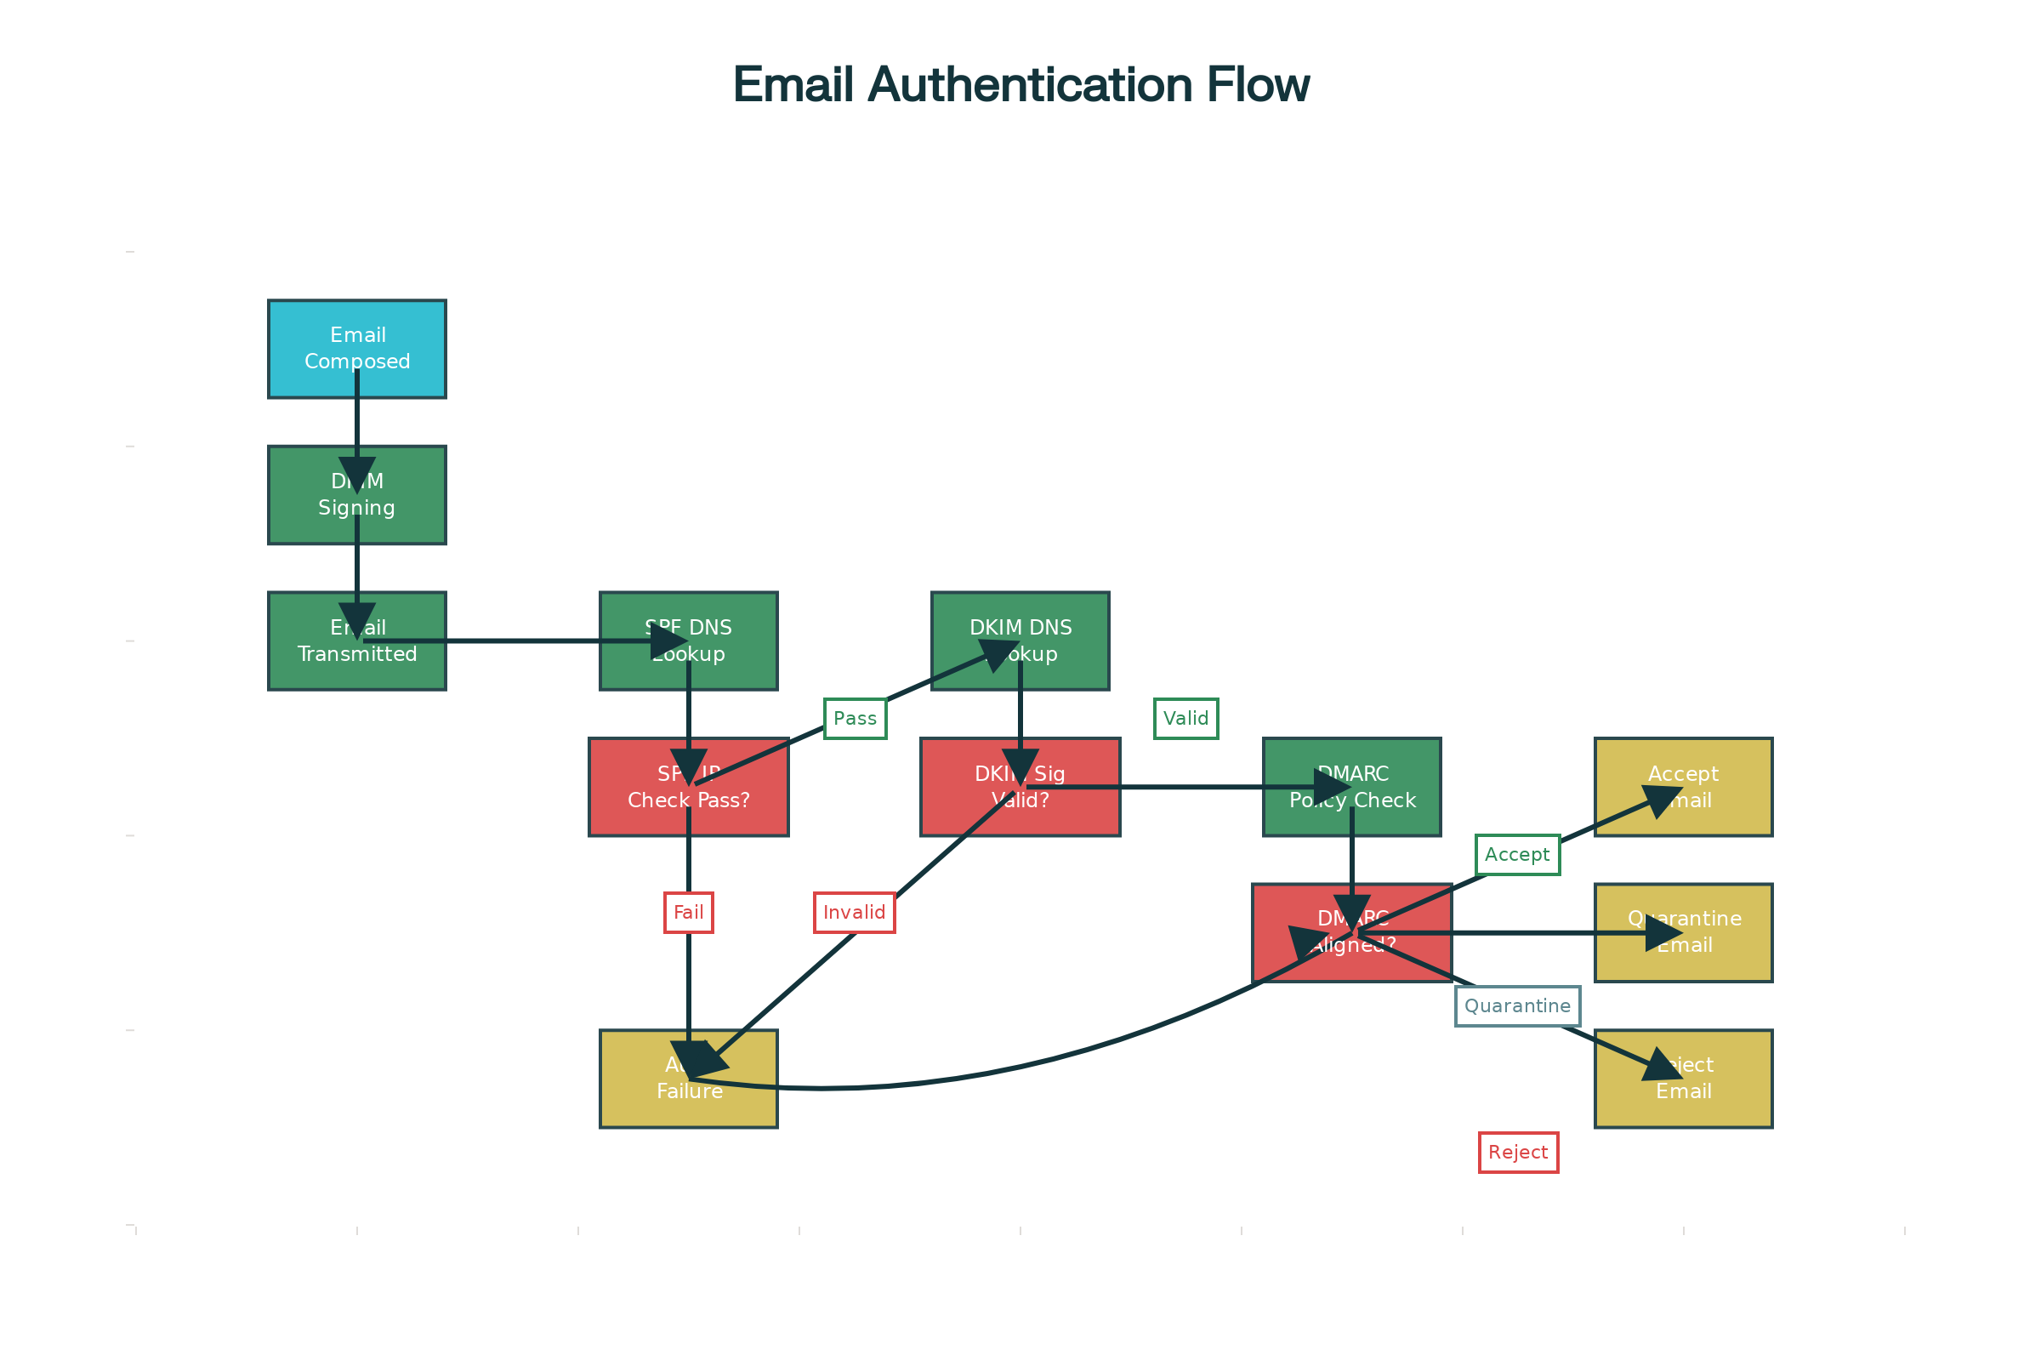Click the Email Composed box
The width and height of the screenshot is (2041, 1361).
tap(356, 349)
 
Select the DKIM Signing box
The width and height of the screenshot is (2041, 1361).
tap(356, 495)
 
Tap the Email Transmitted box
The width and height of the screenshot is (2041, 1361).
tap(356, 641)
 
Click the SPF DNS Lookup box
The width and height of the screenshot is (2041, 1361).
tap(688, 641)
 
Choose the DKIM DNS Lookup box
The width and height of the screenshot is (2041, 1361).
tap(1020, 641)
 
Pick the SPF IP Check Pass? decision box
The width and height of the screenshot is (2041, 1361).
tap(688, 786)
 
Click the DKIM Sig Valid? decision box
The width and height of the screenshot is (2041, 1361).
tap(1020, 786)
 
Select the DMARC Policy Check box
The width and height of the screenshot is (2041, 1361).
tap(1351, 786)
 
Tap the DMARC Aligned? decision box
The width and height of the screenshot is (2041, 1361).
tap(1351, 932)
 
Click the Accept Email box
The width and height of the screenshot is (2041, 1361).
tap(1684, 786)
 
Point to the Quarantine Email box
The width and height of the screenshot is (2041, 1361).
tap(1684, 932)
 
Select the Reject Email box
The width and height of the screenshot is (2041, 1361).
tap(1684, 1078)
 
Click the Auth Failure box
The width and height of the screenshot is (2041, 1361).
tap(688, 1078)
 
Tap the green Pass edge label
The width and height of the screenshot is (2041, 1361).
tap(855, 718)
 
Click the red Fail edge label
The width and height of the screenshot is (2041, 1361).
tap(688, 912)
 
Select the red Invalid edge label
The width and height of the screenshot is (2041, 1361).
tap(854, 912)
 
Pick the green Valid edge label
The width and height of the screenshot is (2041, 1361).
tap(1185, 718)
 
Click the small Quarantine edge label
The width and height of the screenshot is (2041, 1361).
tap(1517, 1005)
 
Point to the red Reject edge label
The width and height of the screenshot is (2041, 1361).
tap(1518, 1152)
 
